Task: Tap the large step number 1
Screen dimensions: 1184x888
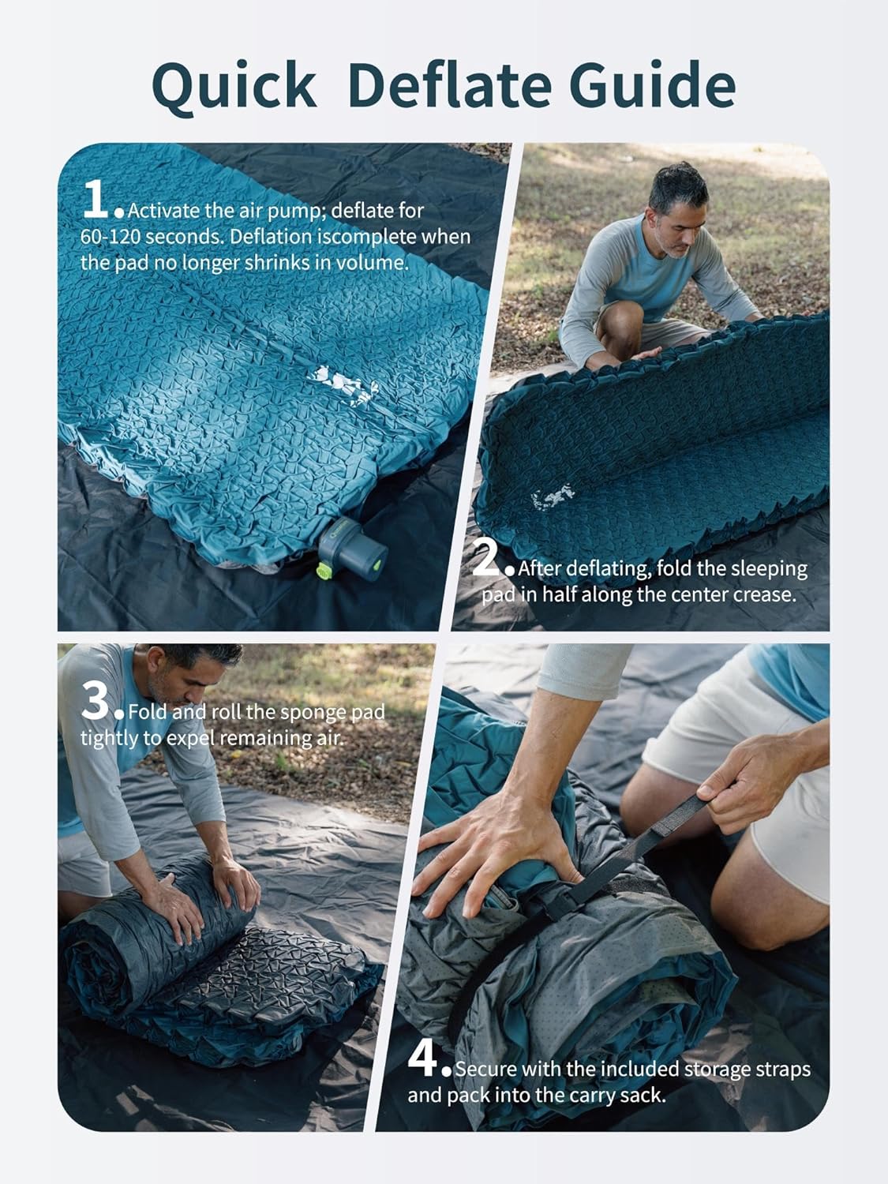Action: [96, 200]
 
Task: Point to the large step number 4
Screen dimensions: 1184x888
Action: [424, 1058]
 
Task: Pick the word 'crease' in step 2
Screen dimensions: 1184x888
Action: [764, 594]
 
